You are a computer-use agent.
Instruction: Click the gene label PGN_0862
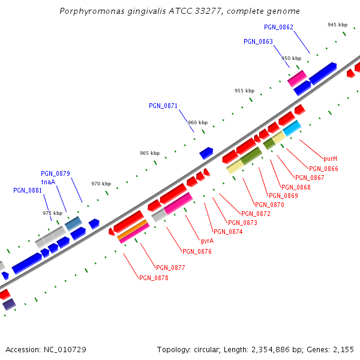pyautogui.click(x=278, y=28)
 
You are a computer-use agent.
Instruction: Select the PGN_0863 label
pyautogui.click(x=258, y=42)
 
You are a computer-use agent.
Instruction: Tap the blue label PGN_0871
pyautogui.click(x=163, y=106)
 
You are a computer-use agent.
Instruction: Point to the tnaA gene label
pyautogui.click(x=48, y=182)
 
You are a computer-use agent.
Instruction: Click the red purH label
pyautogui.click(x=330, y=159)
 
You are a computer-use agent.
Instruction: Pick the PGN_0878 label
pyautogui.click(x=154, y=278)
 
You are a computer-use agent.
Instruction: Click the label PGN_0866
pyautogui.click(x=323, y=169)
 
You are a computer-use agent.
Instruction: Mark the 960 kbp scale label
pyautogui.click(x=197, y=122)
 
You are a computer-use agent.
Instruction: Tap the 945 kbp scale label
pyautogui.click(x=337, y=25)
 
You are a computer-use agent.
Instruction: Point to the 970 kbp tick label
pyautogui.click(x=101, y=184)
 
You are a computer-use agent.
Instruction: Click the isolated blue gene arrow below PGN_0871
pyautogui.click(x=206, y=153)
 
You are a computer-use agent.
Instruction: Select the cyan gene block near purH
pyautogui.click(x=292, y=128)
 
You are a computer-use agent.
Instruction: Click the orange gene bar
pyautogui.click(x=133, y=230)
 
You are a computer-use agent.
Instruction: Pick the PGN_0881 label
pyautogui.click(x=28, y=191)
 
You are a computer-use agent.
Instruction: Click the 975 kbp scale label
pyautogui.click(x=52, y=213)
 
